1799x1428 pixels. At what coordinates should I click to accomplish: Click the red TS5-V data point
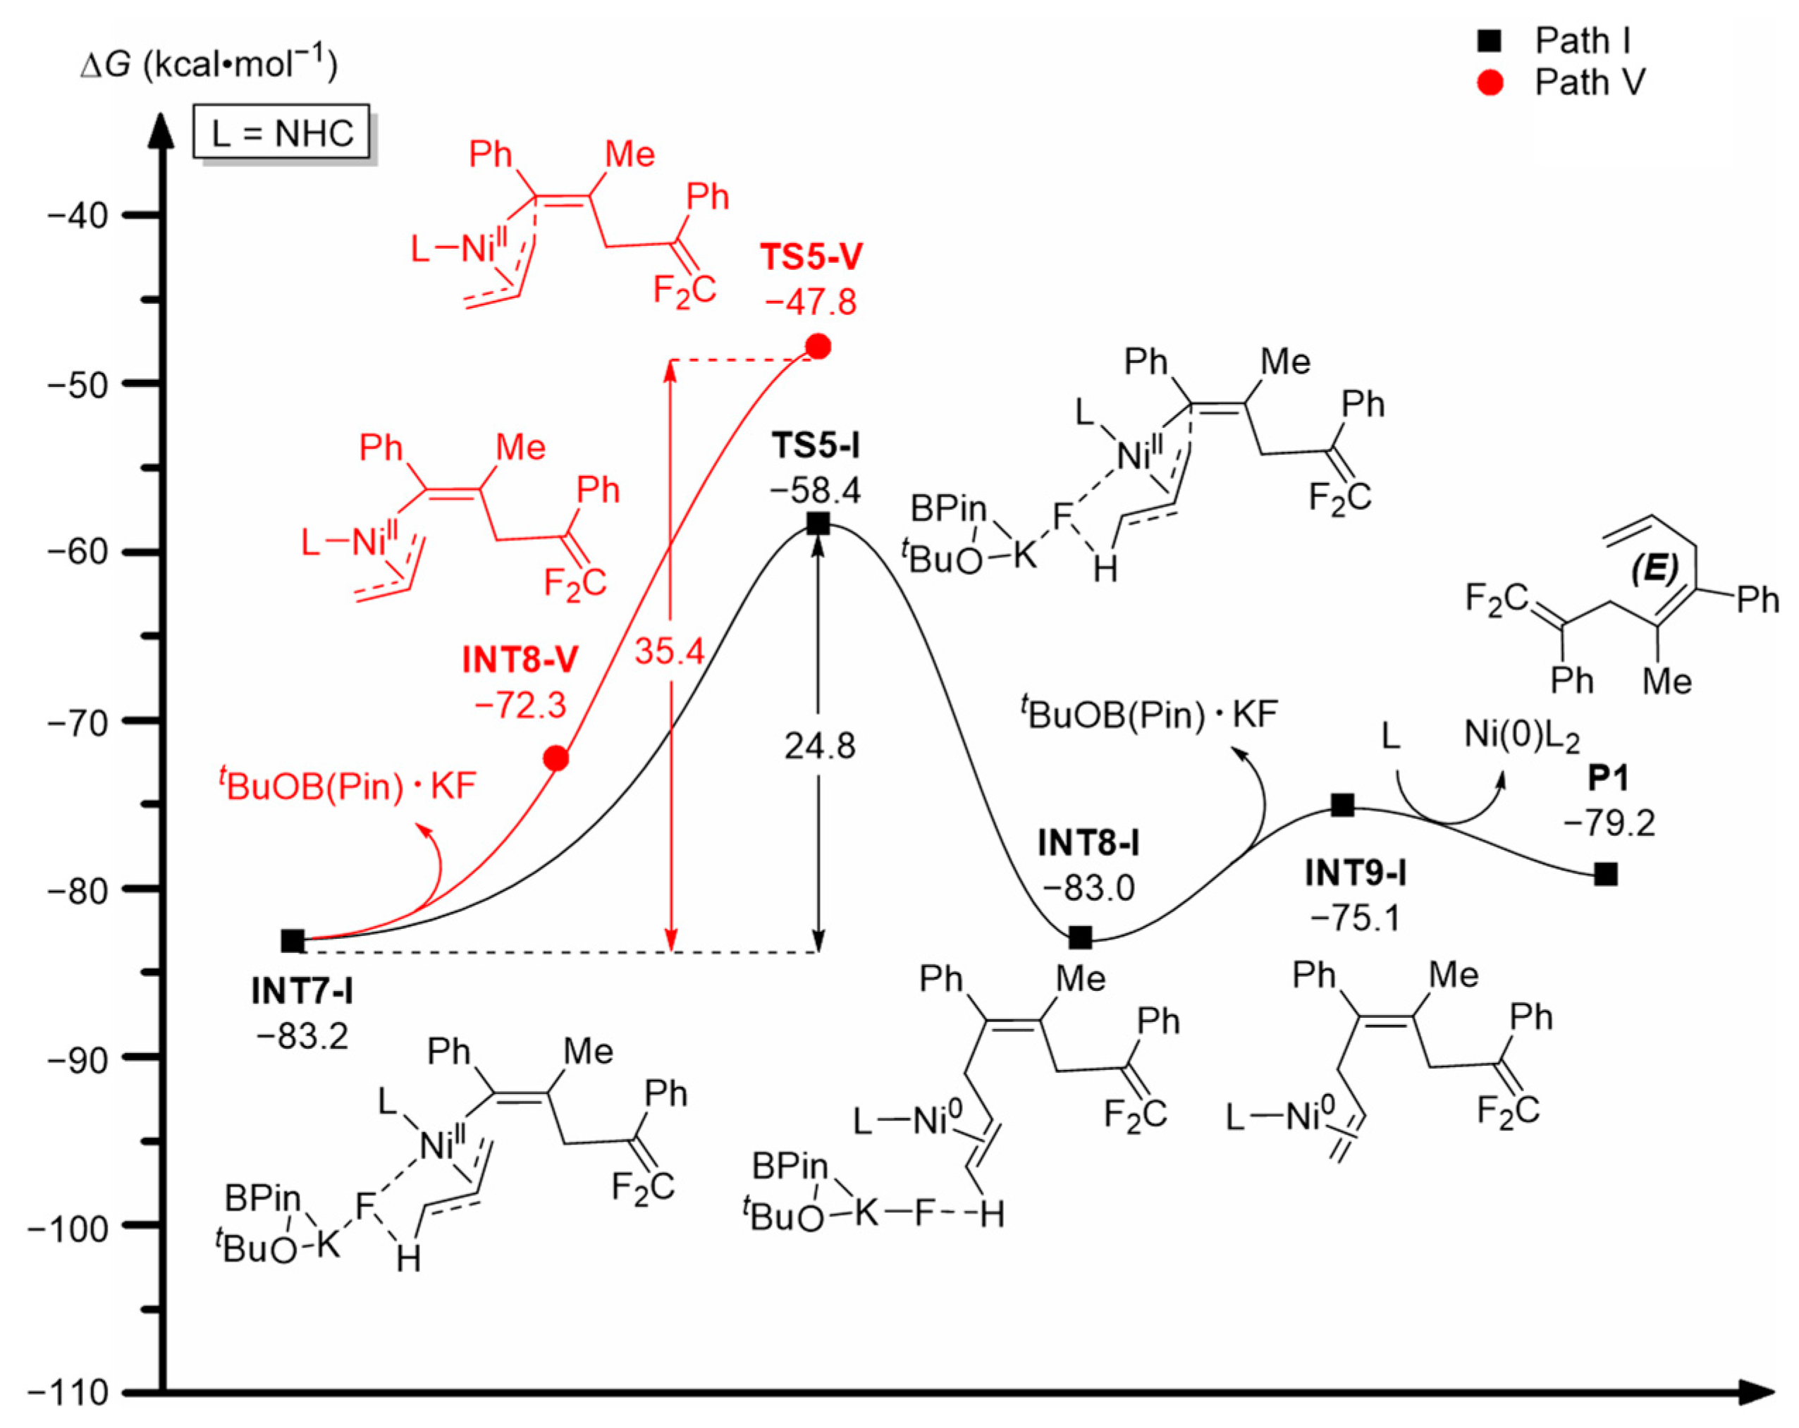[818, 346]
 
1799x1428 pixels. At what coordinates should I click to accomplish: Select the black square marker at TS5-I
[818, 524]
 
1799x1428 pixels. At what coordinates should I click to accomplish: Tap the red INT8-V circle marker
[555, 758]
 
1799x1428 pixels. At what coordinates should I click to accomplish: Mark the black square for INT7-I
[292, 941]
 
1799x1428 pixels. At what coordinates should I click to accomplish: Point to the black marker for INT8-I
[1080, 937]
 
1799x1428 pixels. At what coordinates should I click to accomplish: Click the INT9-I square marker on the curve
[1341, 805]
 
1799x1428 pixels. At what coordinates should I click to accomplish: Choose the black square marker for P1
[1605, 874]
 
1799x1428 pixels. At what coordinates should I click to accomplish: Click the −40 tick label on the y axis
[78, 216]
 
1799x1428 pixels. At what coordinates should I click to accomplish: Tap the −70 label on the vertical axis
[78, 722]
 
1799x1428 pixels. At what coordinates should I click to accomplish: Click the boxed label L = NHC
[282, 133]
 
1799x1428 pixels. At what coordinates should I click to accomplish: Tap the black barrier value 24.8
[819, 746]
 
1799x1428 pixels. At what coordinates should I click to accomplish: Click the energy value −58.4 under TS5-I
[815, 491]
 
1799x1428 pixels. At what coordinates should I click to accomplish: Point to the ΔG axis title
[208, 64]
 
